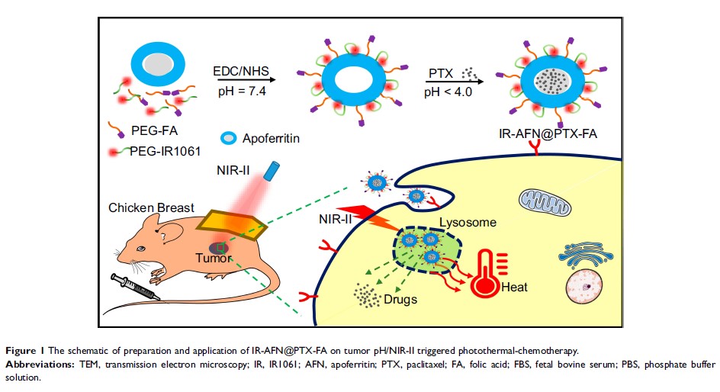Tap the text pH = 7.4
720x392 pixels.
242,92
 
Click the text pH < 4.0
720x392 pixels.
448,92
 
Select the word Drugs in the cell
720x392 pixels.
400,300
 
